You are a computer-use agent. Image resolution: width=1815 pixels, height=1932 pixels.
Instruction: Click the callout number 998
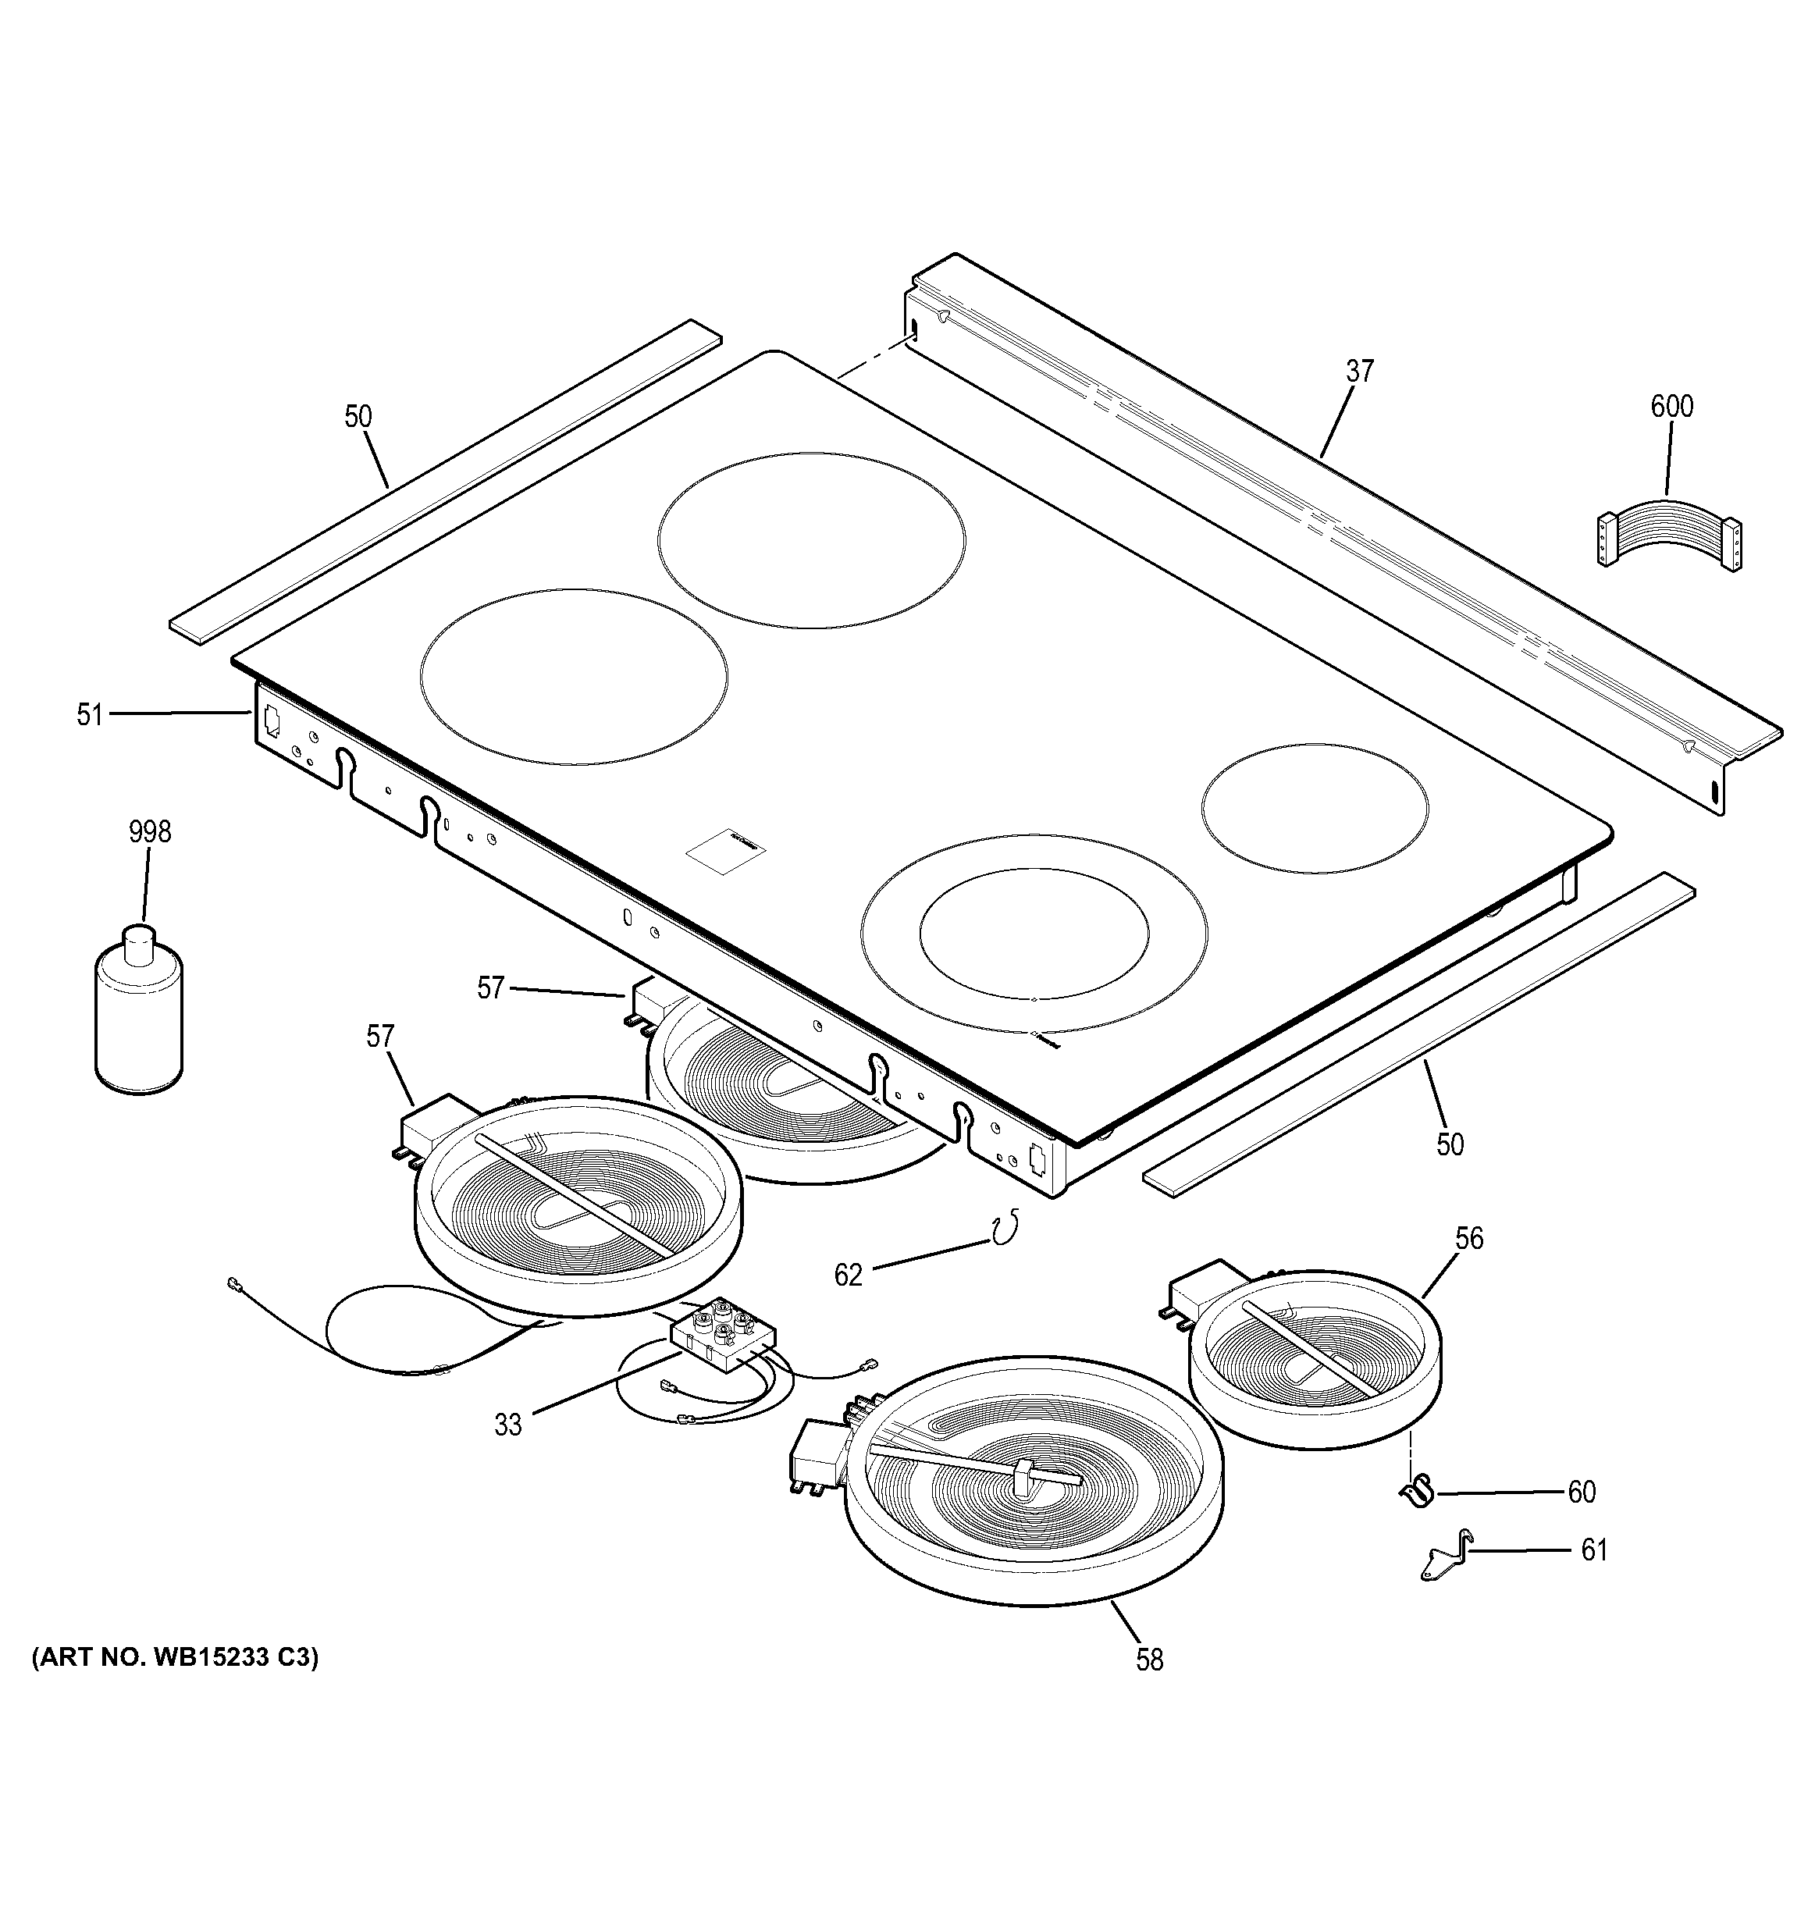coord(150,832)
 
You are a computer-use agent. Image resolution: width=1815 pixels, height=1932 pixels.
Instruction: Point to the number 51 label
coord(90,715)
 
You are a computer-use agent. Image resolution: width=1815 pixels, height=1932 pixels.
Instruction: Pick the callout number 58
coord(1149,1660)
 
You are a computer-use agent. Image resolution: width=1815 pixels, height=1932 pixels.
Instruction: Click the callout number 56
coord(1469,1238)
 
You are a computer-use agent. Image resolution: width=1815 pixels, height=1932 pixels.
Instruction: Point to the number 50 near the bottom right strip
coord(1450,1145)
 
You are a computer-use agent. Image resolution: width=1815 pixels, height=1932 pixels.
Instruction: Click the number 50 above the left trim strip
coord(358,417)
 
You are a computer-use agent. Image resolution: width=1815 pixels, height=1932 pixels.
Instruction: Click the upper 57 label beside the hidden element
coord(491,988)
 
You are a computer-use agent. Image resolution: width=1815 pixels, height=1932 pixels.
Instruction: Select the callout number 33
coord(508,1425)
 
